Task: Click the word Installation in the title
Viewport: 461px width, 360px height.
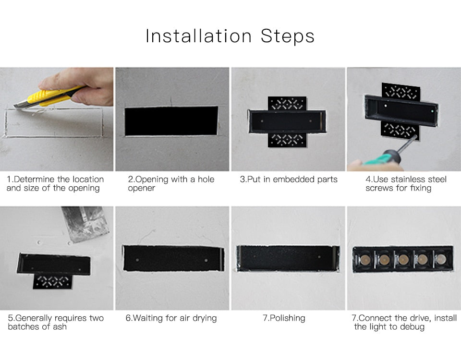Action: tap(198, 36)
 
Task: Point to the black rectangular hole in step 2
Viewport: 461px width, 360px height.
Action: tap(171, 121)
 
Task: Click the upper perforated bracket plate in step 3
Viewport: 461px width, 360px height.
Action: tap(287, 104)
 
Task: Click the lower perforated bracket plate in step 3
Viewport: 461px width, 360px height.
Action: tap(287, 140)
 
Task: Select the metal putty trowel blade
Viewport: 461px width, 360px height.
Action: tap(85, 223)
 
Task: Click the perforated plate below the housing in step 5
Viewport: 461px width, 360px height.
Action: tap(53, 282)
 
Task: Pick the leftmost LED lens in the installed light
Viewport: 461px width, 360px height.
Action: tap(364, 260)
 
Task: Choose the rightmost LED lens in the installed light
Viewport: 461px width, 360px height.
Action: tap(441, 260)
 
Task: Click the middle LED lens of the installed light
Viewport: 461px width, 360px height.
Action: tap(402, 260)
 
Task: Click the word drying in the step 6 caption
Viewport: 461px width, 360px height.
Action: tap(205, 318)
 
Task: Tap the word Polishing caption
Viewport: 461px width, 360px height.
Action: tap(288, 318)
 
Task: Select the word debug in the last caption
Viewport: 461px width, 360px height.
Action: tap(412, 327)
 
